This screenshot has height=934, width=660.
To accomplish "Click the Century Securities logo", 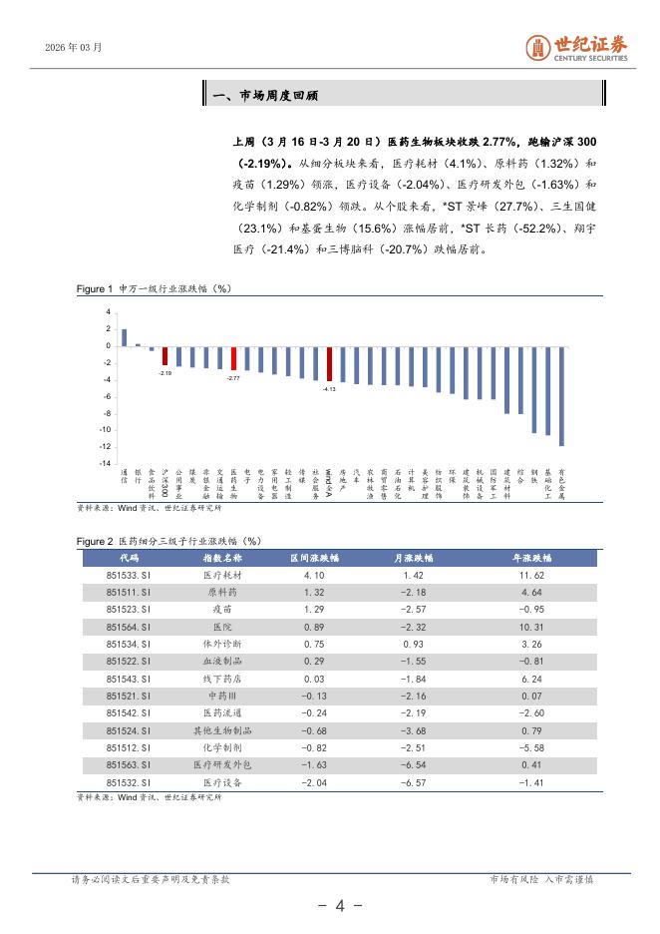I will click(577, 47).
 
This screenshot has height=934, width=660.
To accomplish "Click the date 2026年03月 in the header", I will click(74, 47).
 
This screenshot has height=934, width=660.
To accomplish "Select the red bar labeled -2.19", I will click(165, 356).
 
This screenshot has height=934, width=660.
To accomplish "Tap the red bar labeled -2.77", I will click(233, 359).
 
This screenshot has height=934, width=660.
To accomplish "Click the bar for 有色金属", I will click(561, 396).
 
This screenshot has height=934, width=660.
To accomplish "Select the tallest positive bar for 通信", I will click(124, 337).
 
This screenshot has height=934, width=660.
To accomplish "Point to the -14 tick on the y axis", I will click(105, 463).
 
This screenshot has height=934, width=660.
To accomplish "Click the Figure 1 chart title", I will click(155, 288).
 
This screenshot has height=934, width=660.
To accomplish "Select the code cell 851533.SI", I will click(129, 576).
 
